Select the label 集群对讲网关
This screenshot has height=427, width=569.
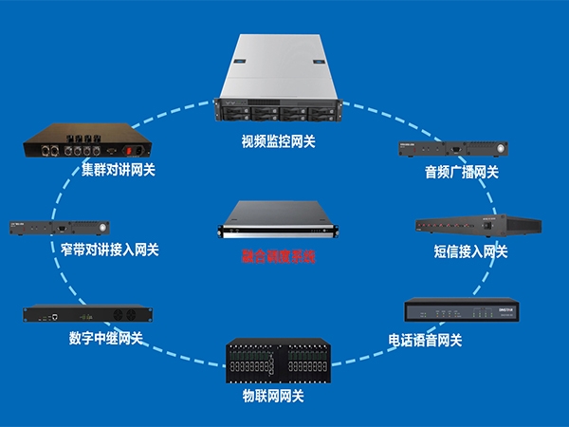tap(119, 171)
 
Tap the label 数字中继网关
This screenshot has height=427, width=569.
tap(105, 338)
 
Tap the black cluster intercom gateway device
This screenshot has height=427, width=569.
tap(88, 142)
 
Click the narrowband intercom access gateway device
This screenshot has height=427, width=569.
tap(61, 228)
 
